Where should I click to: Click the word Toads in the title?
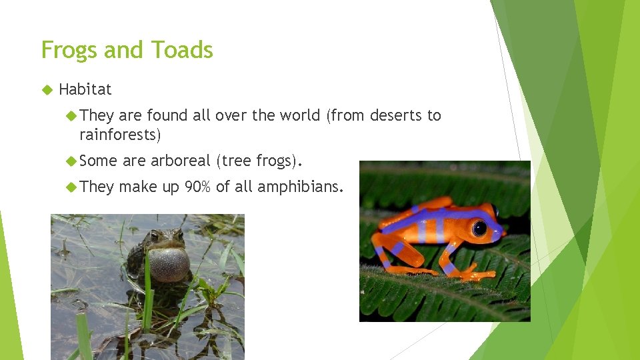[181, 51]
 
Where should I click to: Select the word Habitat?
[85, 89]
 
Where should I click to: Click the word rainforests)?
[120, 134]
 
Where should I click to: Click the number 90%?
[198, 187]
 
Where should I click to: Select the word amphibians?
[300, 187]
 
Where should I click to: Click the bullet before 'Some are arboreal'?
[71, 161]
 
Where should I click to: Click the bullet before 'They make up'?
[71, 187]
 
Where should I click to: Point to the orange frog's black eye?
[479, 228]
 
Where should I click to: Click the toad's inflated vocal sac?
[169, 263]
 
